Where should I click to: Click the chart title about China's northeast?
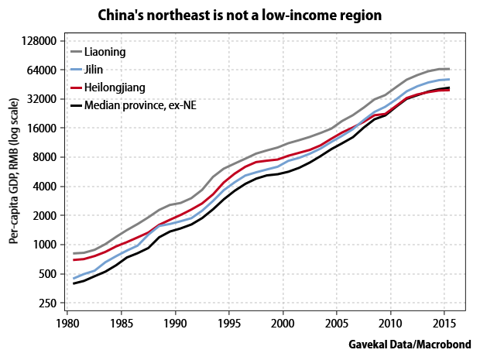[240, 15]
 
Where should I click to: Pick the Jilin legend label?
[95, 70]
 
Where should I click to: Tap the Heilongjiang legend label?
[115, 87]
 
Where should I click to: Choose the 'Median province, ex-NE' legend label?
[140, 105]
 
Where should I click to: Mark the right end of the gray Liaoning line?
[449, 69]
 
